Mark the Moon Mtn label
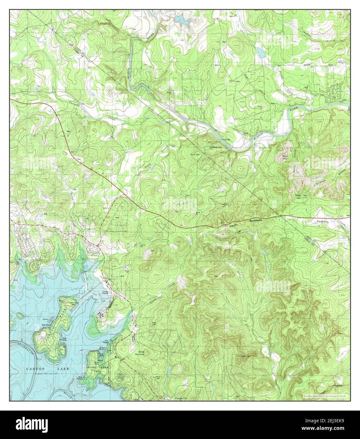pyautogui.click(x=285, y=157)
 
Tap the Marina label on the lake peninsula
pyautogui.click(x=45, y=320)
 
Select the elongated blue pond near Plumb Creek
pyautogui.click(x=259, y=51)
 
